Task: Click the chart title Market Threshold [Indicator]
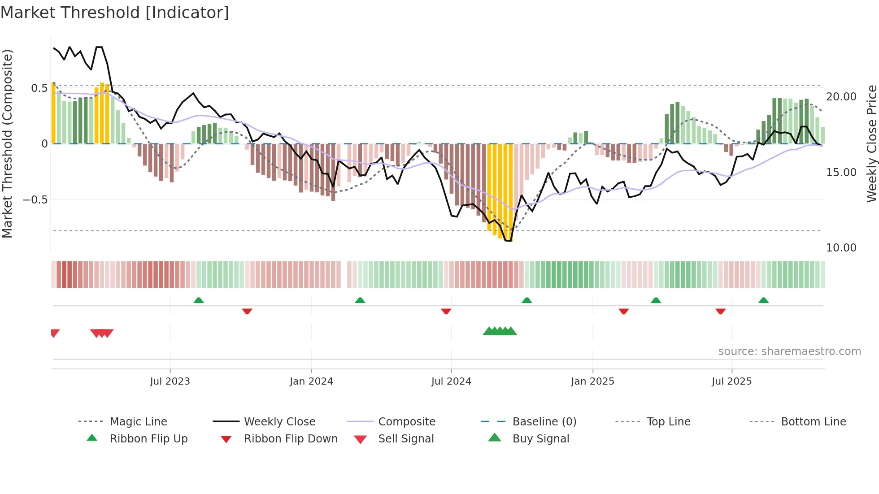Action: (x=115, y=13)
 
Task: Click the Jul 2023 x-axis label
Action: (x=170, y=381)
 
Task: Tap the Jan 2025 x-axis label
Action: (x=592, y=381)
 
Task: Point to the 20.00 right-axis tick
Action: (x=841, y=97)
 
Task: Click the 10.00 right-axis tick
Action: (x=841, y=248)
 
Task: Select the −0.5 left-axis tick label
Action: (x=35, y=200)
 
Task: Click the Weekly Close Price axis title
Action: (x=871, y=143)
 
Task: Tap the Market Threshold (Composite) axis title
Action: (x=7, y=143)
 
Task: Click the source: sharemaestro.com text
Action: (x=789, y=351)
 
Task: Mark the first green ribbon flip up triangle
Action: (x=199, y=300)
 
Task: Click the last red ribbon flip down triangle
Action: (x=720, y=311)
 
